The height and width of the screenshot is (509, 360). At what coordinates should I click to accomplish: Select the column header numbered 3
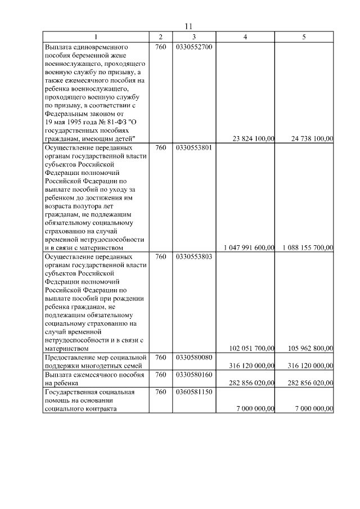tap(193, 37)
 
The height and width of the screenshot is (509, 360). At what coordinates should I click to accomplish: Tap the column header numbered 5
tap(304, 37)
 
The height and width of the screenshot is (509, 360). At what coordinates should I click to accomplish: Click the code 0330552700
tap(193, 47)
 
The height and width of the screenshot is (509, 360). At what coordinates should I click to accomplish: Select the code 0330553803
tap(193, 256)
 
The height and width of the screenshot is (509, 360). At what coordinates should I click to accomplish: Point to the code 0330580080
tap(193, 358)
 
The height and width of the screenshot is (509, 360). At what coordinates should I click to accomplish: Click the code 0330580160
tap(193, 375)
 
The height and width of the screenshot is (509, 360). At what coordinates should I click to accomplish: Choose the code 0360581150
tap(193, 391)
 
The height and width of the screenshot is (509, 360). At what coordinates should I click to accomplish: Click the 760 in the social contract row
tap(160, 391)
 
